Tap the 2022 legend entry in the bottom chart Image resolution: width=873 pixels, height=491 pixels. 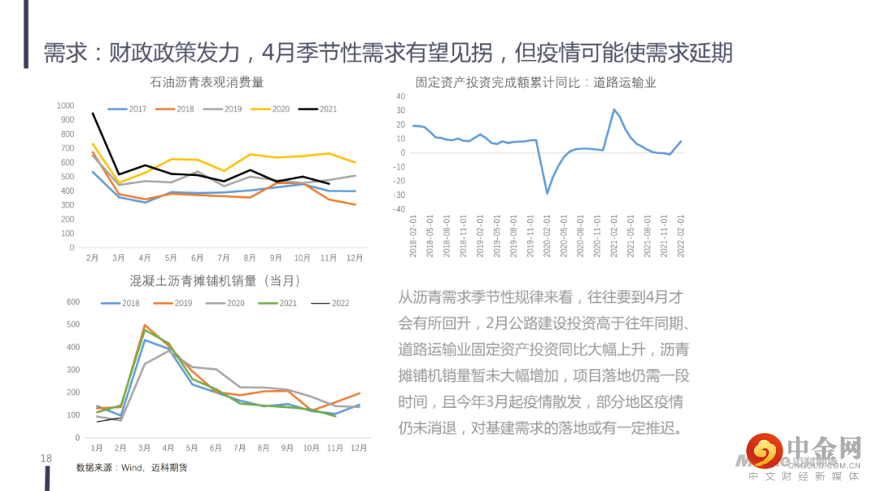point(330,303)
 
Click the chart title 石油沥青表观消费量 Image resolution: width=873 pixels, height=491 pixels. point(207,82)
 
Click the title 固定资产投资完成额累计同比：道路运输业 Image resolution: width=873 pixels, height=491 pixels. point(535,82)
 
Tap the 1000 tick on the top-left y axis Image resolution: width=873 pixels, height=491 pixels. point(65,106)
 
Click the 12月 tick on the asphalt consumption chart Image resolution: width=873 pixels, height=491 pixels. point(354,258)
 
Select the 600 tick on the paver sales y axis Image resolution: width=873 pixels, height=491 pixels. point(73,302)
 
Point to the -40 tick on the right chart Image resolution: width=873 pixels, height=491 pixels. point(399,209)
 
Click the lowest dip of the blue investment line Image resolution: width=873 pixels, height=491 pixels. point(547,193)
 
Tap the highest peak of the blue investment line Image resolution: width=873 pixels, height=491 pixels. point(614,109)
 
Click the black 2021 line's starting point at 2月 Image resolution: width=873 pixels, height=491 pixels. point(93,113)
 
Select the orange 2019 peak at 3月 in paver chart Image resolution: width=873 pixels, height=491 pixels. point(145,325)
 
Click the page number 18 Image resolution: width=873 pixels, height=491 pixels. point(46,459)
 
